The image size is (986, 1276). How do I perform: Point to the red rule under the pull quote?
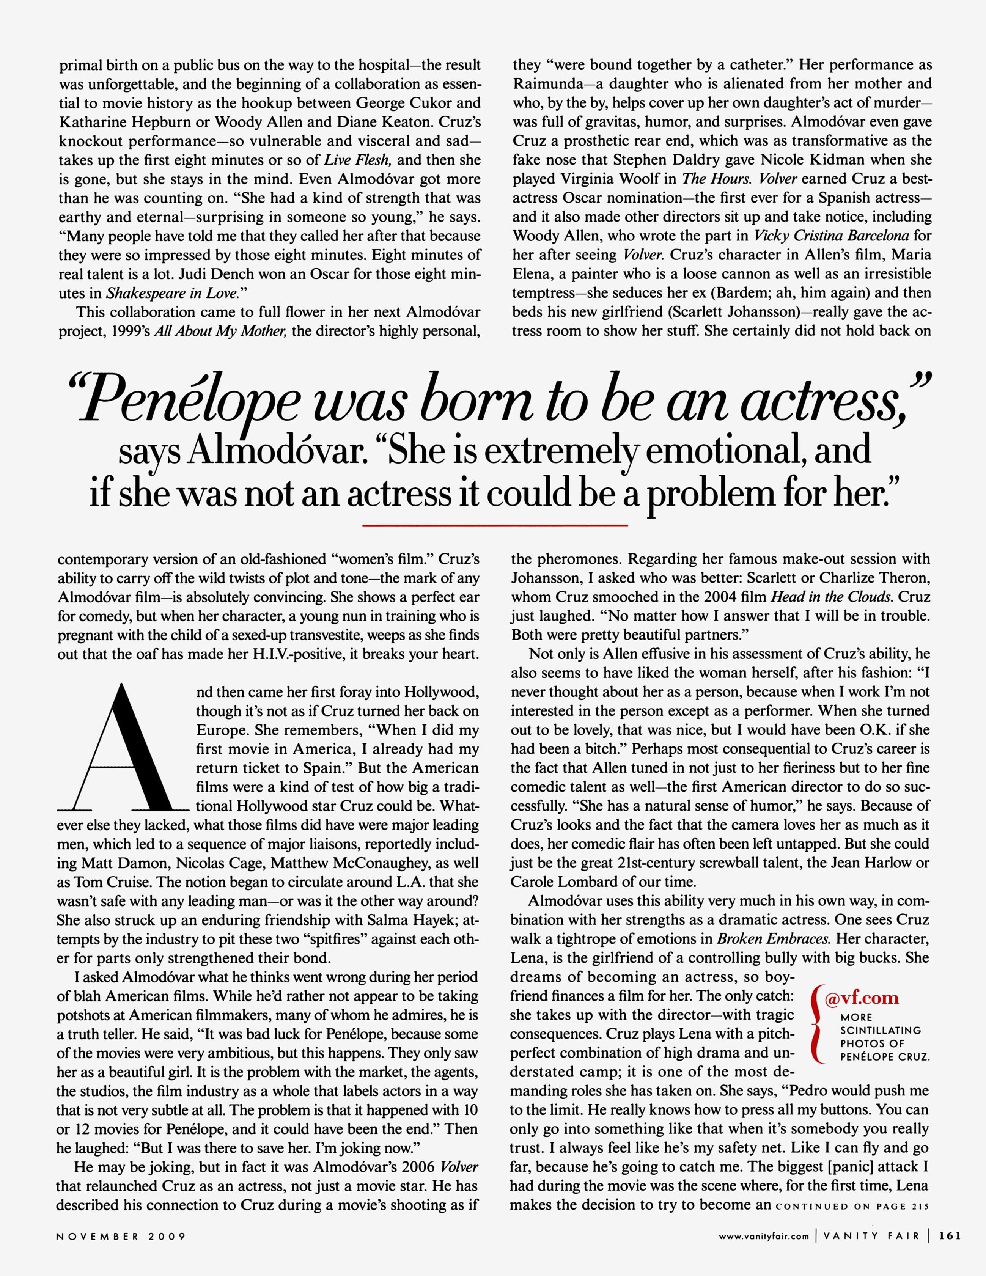494,526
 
